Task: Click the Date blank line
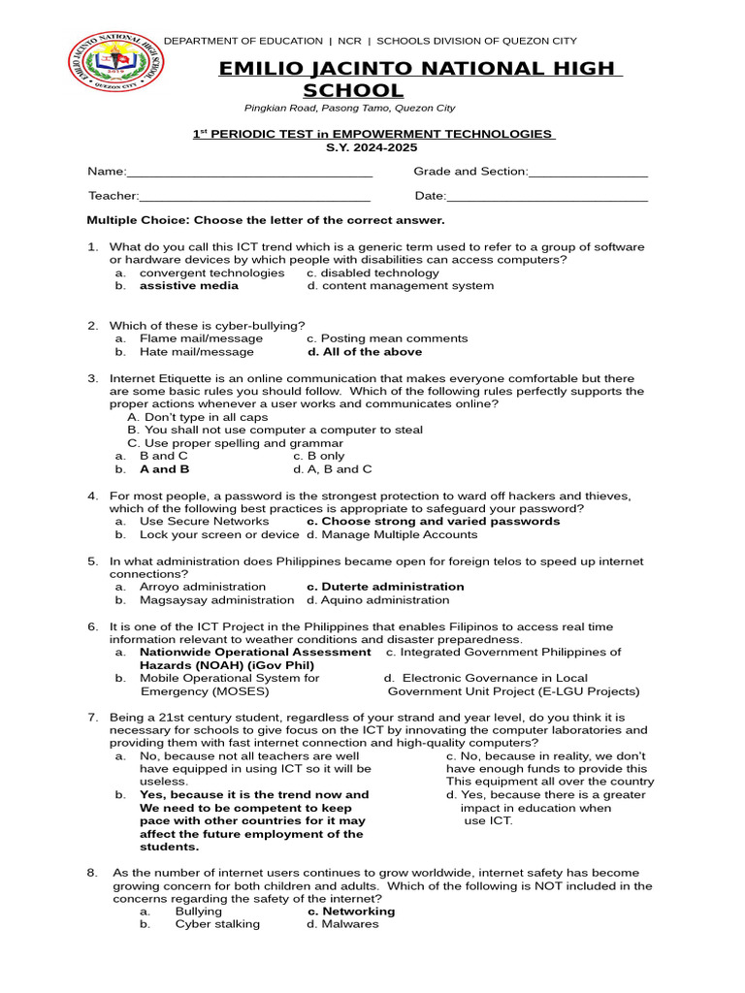(547, 200)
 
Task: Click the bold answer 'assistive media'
(189, 286)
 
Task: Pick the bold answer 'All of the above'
(364, 352)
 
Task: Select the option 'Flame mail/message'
(201, 338)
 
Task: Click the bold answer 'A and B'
(165, 469)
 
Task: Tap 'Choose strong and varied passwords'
(433, 522)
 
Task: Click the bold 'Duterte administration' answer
(385, 587)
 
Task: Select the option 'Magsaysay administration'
(203, 600)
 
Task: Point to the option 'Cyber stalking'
(217, 925)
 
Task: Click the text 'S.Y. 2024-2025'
(372, 146)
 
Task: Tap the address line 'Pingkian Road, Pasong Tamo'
(349, 109)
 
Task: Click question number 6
(93, 626)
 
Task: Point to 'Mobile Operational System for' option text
(229, 679)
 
